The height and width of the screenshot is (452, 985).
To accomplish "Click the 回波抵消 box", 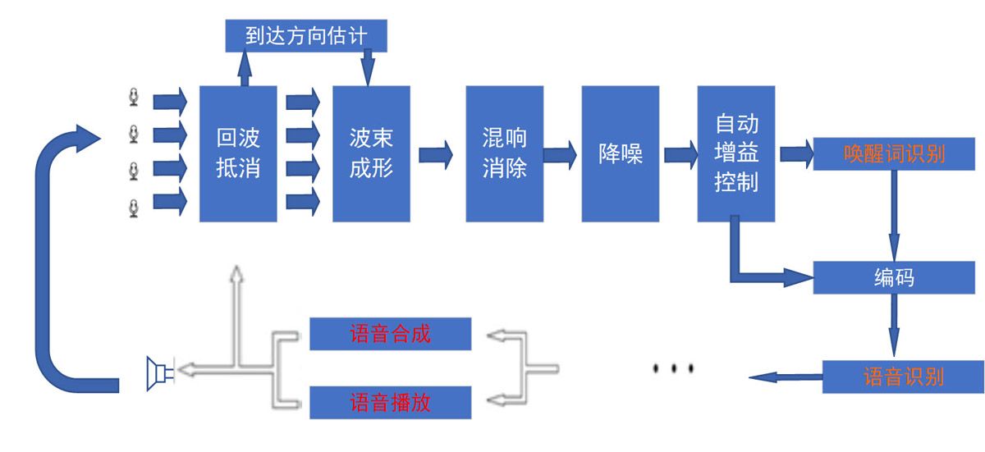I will [x=238, y=153].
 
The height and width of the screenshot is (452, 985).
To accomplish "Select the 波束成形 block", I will [x=371, y=153].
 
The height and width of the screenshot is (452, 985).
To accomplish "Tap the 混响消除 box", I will [x=504, y=153].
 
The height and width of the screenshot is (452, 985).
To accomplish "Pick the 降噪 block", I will [x=621, y=153].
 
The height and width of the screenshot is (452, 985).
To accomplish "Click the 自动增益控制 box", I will [x=736, y=153].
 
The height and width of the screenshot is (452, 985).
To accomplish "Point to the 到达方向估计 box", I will [x=305, y=35].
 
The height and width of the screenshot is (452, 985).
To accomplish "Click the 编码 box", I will [x=893, y=277].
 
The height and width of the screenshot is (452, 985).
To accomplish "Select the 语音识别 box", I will [x=903, y=377].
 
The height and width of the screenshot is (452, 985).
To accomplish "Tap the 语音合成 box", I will [x=390, y=334].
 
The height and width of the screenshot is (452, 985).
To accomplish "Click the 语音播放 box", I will [x=390, y=403].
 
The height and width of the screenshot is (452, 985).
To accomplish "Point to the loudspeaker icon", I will [x=158, y=373].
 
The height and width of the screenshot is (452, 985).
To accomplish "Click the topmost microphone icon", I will [x=134, y=98].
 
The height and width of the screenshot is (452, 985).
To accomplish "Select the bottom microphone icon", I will [x=134, y=208].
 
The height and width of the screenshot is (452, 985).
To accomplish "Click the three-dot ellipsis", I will [x=673, y=368].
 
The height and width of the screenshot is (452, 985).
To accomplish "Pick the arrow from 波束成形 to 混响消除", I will [x=436, y=154].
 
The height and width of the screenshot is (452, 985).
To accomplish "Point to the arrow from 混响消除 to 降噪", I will [x=561, y=154].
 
